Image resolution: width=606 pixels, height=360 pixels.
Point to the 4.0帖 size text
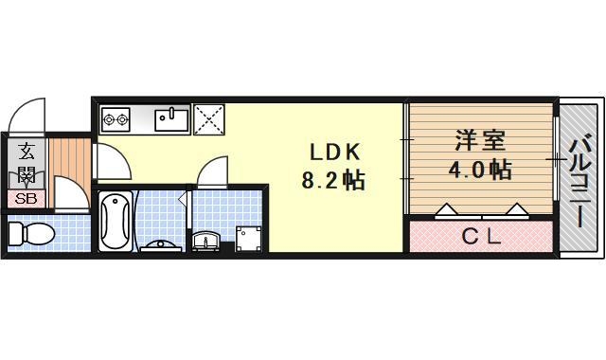point(479,171)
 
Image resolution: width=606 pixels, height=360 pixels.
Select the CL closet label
point(480,237)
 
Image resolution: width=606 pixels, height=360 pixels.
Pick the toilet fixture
point(31,233)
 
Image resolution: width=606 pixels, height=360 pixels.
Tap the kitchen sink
point(172,118)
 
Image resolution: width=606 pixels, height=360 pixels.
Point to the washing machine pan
point(249,236)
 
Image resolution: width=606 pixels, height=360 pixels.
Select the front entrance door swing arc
point(27,116)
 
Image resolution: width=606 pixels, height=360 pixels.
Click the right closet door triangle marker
point(517,210)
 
